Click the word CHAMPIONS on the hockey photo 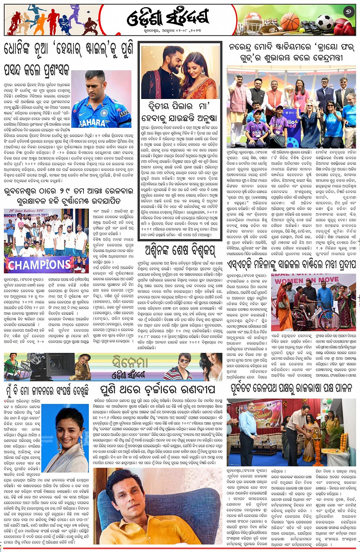40,264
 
